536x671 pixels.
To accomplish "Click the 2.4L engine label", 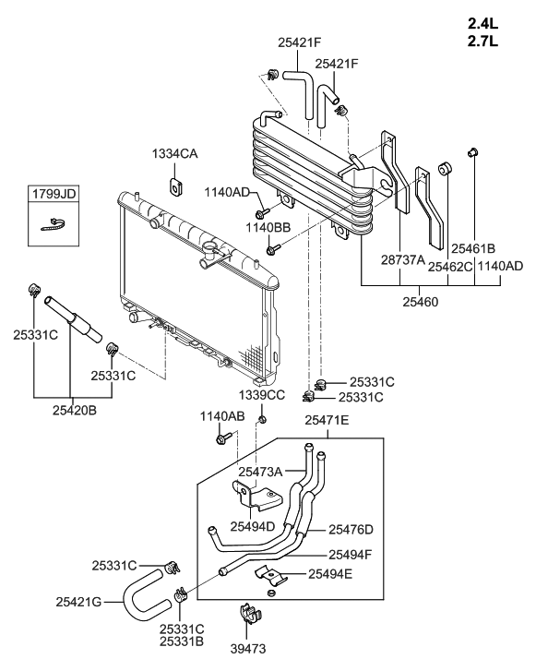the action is (482, 23).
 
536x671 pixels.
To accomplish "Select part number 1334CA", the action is (175, 153).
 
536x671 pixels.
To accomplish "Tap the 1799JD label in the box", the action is (54, 194).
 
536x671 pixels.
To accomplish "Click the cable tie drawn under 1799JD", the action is (54, 224).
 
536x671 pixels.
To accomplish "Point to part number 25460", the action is (421, 302).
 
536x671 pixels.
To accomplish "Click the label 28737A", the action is (403, 259).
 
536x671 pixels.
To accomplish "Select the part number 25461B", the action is (473, 248).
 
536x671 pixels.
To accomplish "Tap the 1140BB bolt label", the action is (268, 228).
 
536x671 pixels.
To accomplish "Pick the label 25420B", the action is (75, 411).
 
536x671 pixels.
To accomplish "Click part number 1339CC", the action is (262, 394).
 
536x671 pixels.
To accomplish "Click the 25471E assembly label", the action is (327, 420).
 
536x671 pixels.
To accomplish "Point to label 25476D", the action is (351, 530).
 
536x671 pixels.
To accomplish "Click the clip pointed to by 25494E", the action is (270, 576).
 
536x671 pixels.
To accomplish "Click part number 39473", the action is (248, 649).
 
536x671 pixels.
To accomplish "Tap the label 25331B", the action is (182, 641).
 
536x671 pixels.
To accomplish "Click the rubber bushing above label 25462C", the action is (445, 168).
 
